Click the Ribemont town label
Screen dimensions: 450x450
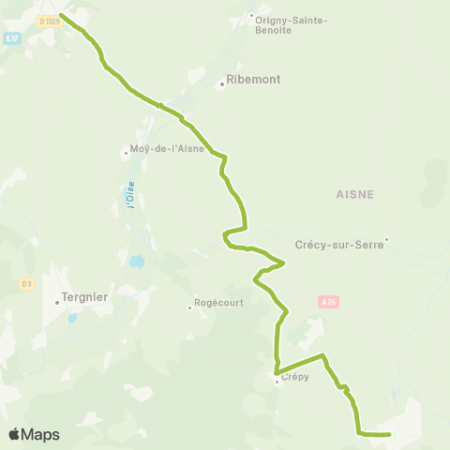(x=248, y=81)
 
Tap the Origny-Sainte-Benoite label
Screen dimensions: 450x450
(x=286, y=24)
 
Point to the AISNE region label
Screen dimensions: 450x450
(x=354, y=194)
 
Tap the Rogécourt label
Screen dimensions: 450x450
(x=218, y=304)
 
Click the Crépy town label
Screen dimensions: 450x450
(x=294, y=378)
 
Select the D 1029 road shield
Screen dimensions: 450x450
(x=49, y=21)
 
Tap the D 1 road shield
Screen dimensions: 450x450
(x=27, y=282)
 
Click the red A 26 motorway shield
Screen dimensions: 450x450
(x=327, y=302)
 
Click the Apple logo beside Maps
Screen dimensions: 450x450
(x=14, y=434)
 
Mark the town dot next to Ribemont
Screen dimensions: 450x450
(x=222, y=84)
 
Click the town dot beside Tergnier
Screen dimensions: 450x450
(x=56, y=302)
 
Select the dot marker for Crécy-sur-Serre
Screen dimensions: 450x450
(x=385, y=240)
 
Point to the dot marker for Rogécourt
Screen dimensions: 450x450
(x=189, y=307)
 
